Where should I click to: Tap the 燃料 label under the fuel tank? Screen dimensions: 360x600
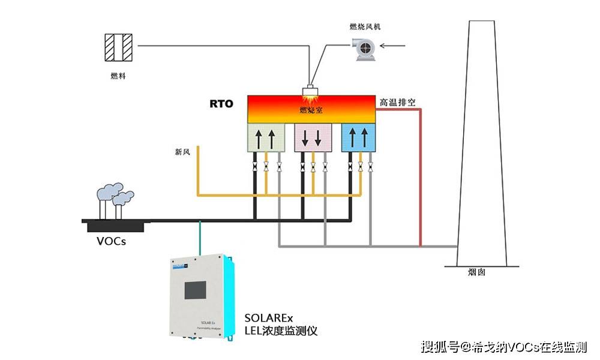coord(118,76)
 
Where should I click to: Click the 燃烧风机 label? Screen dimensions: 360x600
coord(365,27)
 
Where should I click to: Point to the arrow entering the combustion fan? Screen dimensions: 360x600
coord(395,46)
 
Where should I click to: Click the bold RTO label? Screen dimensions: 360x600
coord(221,103)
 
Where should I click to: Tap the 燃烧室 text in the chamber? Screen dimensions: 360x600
coord(311,110)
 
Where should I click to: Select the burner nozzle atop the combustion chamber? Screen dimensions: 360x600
coord(311,91)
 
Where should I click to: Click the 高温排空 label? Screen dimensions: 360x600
coord(397,103)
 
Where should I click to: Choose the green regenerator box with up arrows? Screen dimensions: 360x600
coord(265,137)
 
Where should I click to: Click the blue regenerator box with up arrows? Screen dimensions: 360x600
coord(359,137)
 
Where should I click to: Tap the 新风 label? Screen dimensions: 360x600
coord(182,152)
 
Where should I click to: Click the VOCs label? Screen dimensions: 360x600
coord(112,242)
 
